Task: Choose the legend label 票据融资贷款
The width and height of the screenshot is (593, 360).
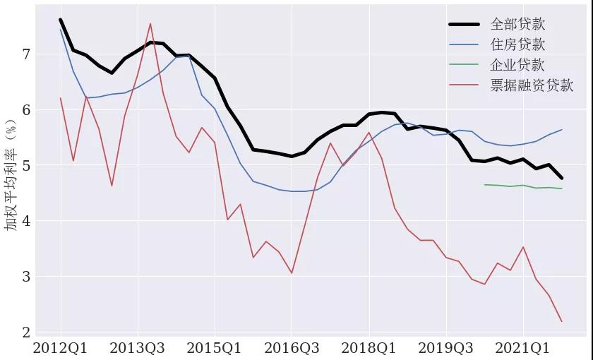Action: (x=532, y=86)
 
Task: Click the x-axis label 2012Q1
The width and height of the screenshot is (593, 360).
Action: (x=61, y=348)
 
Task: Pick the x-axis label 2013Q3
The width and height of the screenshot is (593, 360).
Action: (x=138, y=348)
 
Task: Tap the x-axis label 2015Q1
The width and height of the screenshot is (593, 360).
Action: (x=215, y=348)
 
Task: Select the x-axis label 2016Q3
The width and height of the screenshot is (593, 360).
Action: (x=292, y=348)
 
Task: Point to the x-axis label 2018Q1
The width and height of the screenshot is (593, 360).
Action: (x=369, y=348)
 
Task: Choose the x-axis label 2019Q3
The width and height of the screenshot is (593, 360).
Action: (x=445, y=348)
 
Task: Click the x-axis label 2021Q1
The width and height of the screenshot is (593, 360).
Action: (x=522, y=348)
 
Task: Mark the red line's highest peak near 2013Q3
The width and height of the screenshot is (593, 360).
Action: (x=150, y=24)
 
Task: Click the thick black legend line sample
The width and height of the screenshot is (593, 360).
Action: (x=465, y=25)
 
